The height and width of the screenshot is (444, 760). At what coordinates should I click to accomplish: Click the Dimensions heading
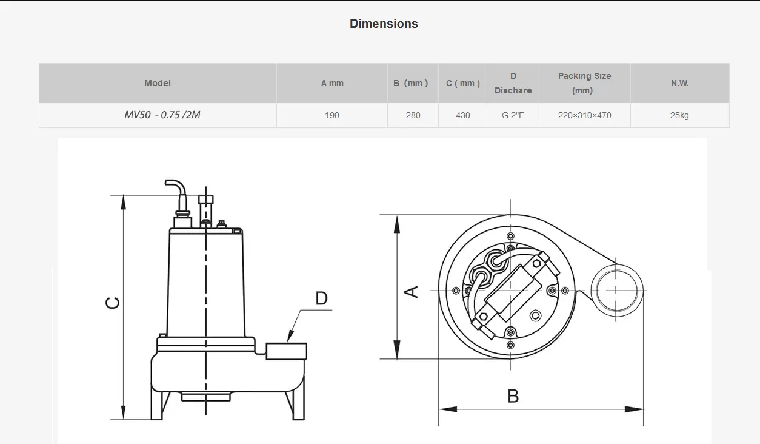(x=384, y=24)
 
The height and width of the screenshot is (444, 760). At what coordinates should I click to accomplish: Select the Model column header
(x=158, y=83)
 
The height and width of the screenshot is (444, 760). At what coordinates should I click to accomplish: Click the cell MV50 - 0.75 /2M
(x=162, y=115)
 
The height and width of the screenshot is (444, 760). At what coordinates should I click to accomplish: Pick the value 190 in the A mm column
(x=332, y=115)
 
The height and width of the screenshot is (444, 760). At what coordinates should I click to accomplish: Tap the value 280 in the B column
(x=413, y=115)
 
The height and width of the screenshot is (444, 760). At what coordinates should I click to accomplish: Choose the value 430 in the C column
(x=462, y=115)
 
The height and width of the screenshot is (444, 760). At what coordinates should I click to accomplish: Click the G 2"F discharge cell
(x=513, y=115)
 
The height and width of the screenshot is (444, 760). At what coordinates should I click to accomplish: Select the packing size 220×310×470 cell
(x=584, y=115)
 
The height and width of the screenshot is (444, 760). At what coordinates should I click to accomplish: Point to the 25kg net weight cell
(x=679, y=115)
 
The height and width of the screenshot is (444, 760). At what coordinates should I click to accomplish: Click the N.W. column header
(x=679, y=83)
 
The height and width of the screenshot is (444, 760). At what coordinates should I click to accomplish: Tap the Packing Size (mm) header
(x=584, y=83)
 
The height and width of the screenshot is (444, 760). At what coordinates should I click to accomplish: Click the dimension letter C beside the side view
(x=113, y=302)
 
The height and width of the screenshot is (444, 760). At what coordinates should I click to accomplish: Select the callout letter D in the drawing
(x=321, y=298)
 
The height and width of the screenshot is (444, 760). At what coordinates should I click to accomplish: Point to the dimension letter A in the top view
(x=412, y=291)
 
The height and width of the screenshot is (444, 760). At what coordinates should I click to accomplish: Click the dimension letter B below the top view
(x=513, y=396)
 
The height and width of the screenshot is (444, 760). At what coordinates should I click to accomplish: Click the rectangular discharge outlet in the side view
(x=286, y=351)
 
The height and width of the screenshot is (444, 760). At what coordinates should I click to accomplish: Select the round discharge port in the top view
(x=615, y=291)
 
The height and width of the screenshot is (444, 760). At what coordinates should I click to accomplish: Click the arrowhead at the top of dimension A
(x=397, y=224)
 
